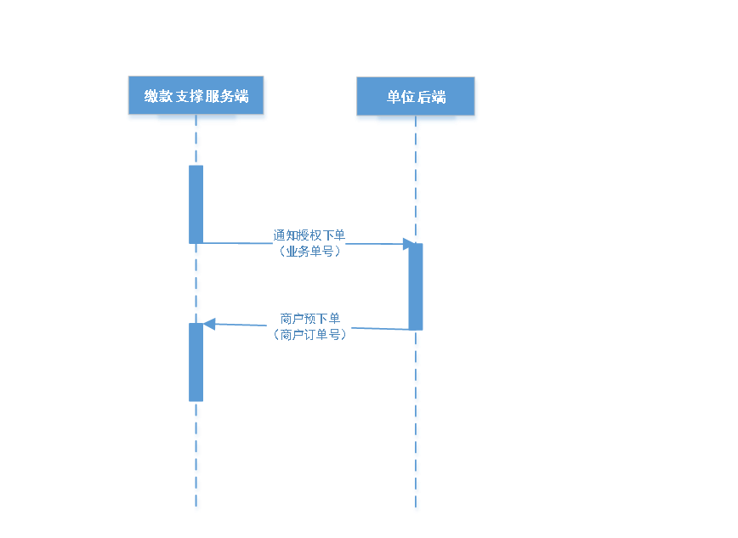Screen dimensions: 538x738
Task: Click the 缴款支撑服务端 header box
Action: pos(196,99)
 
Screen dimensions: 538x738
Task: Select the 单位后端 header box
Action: pos(416,99)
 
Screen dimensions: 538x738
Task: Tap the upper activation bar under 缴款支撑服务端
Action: pos(196,204)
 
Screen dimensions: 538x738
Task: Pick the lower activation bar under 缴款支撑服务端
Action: pos(196,362)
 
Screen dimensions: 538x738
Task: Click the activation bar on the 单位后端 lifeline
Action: pos(416,286)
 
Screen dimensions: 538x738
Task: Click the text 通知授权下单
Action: pos(309,235)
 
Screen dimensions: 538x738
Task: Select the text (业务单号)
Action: pos(309,251)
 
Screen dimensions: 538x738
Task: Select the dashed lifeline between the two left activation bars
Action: pos(196,283)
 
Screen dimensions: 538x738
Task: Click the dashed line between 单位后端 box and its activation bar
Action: pos(417,183)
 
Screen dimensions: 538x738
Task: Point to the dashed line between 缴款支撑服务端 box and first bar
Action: pos(196,144)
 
